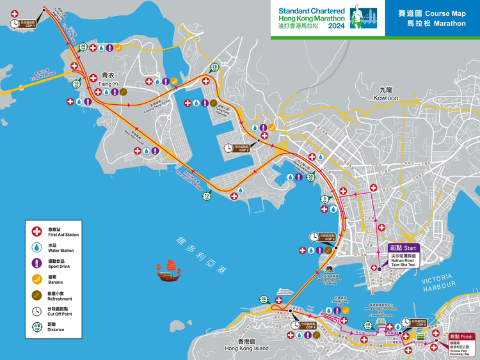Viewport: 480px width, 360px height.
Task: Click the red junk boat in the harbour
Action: click(x=169, y=271)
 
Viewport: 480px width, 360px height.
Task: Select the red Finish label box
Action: click(x=461, y=336)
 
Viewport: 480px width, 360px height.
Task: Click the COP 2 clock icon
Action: click(x=229, y=148)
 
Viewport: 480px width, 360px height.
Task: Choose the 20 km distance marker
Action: click(x=83, y=47)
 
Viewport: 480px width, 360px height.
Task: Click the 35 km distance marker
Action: click(x=264, y=299)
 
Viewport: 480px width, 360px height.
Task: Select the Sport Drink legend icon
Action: click(x=36, y=263)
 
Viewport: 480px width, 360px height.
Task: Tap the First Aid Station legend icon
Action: click(x=36, y=231)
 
